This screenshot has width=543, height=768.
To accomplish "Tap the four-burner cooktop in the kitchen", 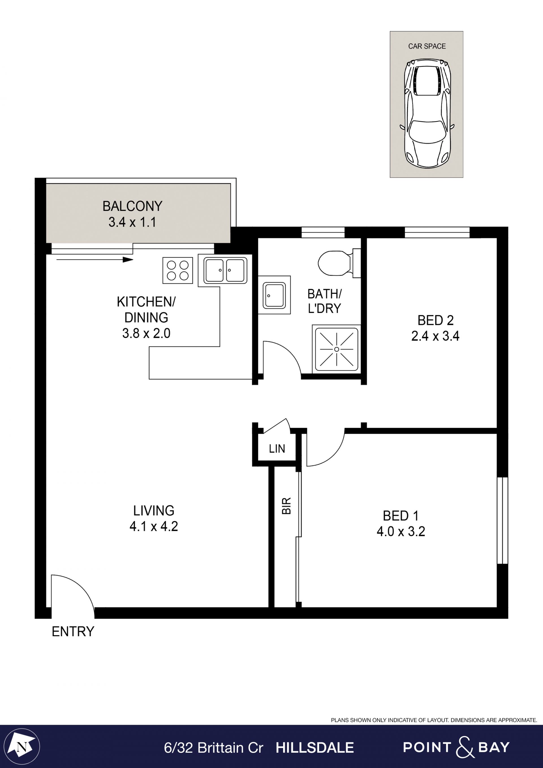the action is pos(178,270).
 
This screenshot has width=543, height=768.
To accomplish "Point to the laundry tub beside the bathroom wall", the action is pos(274,295).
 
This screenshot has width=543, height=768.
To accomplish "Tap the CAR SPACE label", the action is pos(427,46).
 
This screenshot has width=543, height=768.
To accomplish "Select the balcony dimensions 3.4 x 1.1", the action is pos(132,222).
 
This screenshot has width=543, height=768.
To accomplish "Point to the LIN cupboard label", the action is pos(277,449).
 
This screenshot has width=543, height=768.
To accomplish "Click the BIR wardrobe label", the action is pos(286,506).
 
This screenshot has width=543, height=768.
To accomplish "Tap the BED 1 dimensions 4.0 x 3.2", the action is pos(401,532).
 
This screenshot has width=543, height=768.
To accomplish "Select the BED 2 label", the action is pos(435,320).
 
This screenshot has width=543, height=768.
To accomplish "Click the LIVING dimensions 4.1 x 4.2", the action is pos(154,526).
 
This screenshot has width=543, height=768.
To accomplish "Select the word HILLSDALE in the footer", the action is pos(315,748).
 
